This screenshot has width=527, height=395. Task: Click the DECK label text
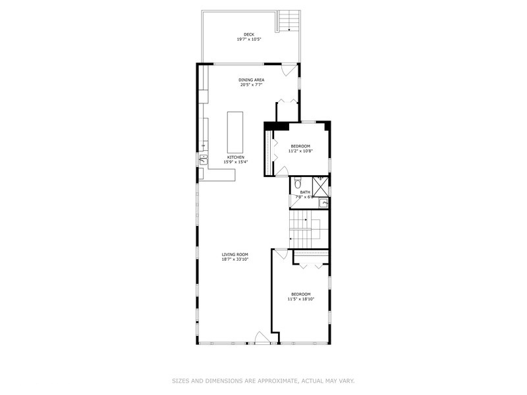click(249, 34)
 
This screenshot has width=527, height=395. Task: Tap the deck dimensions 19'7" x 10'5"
click(249, 39)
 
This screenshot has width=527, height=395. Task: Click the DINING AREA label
click(252, 80)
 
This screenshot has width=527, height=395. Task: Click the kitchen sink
click(204, 159)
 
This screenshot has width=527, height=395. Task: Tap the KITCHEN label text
click(236, 157)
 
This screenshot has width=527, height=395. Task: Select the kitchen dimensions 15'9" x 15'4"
click(236, 162)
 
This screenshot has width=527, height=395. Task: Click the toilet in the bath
click(297, 183)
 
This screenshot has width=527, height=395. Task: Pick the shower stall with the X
click(320, 187)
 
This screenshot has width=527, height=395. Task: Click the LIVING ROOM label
click(235, 254)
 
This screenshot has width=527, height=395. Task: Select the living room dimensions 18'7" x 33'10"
click(235, 259)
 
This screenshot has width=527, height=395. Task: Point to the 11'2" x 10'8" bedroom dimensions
click(300, 151)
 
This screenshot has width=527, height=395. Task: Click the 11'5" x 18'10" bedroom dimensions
click(300, 299)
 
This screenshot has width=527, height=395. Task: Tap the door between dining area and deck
click(289, 68)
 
